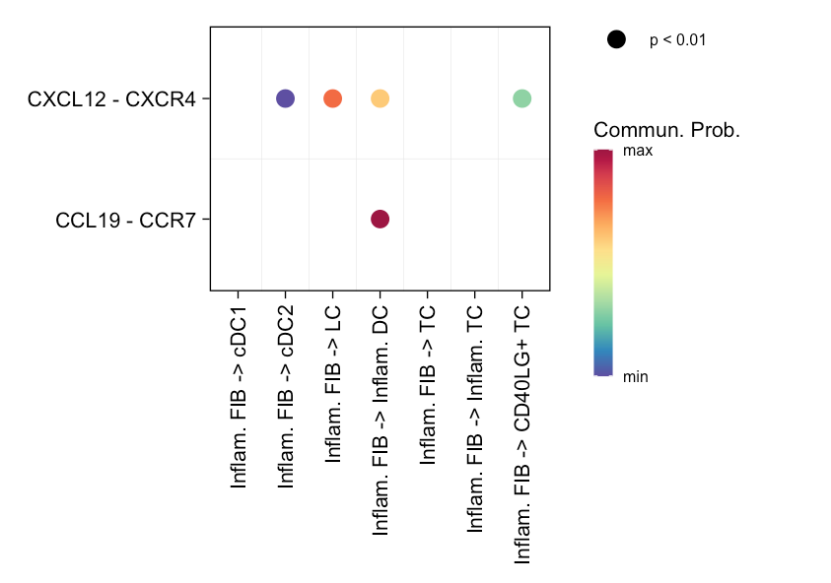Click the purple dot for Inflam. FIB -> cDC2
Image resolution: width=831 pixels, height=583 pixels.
click(x=285, y=98)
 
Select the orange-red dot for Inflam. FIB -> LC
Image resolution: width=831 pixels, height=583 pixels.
click(x=332, y=98)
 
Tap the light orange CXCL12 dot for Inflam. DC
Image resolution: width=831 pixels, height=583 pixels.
click(x=380, y=98)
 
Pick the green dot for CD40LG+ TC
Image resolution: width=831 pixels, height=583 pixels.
click(x=521, y=98)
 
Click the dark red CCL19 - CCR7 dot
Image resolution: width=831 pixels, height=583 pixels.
click(x=380, y=219)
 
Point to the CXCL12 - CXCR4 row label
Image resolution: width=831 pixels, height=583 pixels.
click(x=111, y=98)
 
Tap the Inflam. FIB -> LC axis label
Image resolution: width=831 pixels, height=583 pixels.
click(x=333, y=384)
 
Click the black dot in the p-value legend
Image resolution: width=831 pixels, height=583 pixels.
click(x=616, y=39)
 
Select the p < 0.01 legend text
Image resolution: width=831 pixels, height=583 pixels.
click(x=677, y=40)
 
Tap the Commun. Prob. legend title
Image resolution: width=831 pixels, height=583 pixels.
click(x=666, y=131)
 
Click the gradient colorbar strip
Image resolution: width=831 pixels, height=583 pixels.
click(x=603, y=263)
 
